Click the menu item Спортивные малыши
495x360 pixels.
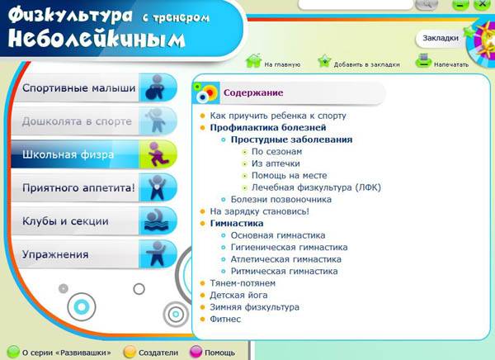(79, 88)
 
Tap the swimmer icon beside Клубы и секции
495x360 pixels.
(158, 221)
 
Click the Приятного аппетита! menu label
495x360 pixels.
(78, 187)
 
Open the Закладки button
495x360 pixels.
(441, 38)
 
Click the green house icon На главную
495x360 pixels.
(253, 60)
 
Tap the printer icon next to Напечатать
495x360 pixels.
(423, 60)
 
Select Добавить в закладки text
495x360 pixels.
(367, 64)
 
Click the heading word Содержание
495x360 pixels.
(253, 92)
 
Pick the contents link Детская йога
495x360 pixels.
(238, 296)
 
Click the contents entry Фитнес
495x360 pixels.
(225, 320)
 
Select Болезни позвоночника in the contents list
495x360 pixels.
(281, 200)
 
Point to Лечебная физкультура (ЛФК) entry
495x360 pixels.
(316, 187)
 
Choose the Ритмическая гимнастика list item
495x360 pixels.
(284, 271)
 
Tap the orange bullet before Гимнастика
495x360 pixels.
(203, 224)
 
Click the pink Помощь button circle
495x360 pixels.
(196, 352)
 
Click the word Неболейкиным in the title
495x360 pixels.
(97, 40)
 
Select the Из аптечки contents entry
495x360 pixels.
(276, 163)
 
